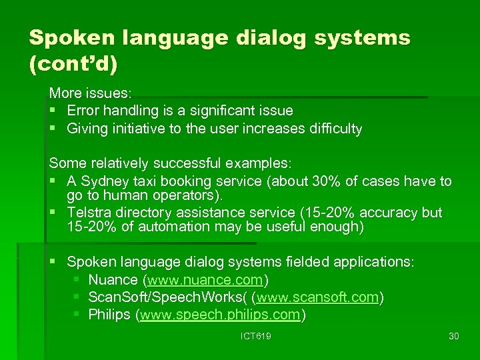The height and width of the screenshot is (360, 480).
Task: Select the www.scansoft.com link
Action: (x=317, y=297)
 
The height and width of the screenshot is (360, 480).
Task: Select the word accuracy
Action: (x=391, y=213)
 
